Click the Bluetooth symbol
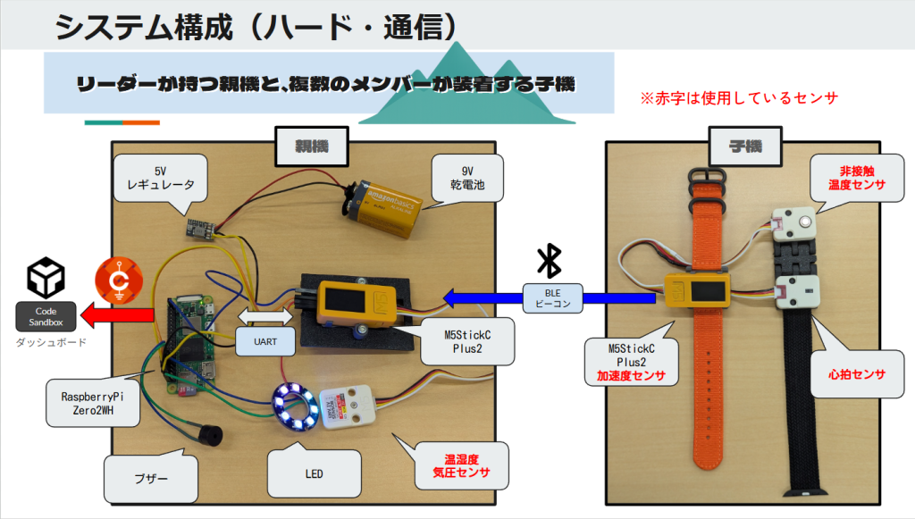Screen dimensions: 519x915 pos(548,260)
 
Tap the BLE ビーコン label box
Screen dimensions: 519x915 pos(552,297)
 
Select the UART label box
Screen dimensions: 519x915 pos(265,339)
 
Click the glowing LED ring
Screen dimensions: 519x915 pos(295,406)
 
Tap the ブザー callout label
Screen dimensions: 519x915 pos(150,479)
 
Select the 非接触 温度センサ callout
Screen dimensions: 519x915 pos(851,180)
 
